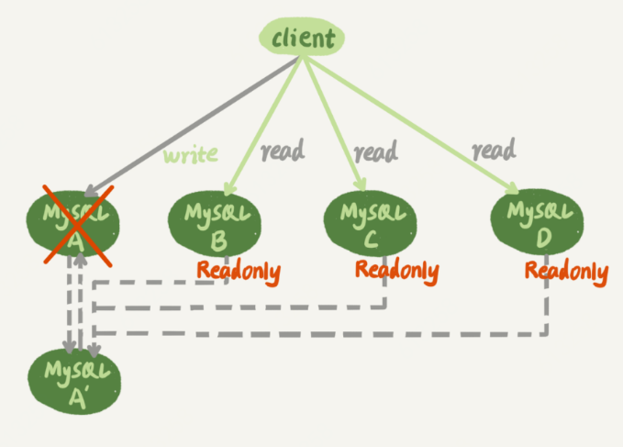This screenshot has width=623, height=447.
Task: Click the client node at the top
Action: pyautogui.click(x=302, y=38)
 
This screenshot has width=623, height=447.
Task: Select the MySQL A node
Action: pyautogui.click(x=73, y=224)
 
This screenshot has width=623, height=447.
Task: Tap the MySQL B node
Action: pyautogui.click(x=215, y=224)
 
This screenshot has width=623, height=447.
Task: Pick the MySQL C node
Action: pyautogui.click(x=371, y=223)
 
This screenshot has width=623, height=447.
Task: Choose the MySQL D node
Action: pyautogui.click(x=537, y=222)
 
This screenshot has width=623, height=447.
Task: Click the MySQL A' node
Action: pyautogui.click(x=74, y=382)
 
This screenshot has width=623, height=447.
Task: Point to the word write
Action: pyautogui.click(x=191, y=155)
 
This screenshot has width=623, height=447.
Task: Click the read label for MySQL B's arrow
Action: pyautogui.click(x=283, y=151)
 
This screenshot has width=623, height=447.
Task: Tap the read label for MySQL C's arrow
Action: pyautogui.click(x=375, y=151)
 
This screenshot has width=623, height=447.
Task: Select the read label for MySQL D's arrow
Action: pyautogui.click(x=494, y=150)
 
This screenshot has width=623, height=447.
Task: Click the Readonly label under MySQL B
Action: pyautogui.click(x=239, y=273)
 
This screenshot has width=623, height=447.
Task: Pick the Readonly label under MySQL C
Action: pyautogui.click(x=397, y=272)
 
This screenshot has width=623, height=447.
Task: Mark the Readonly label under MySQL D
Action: pyautogui.click(x=567, y=273)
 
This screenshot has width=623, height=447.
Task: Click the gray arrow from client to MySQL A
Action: pyautogui.click(x=193, y=126)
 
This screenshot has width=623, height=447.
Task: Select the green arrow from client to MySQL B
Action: pyautogui.click(x=264, y=126)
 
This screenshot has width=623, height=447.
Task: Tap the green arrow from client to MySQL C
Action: pyautogui.click(x=335, y=124)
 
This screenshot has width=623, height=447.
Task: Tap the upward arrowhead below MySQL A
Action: pyautogui.click(x=81, y=259)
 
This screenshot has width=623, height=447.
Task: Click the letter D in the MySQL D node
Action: pyautogui.click(x=543, y=238)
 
